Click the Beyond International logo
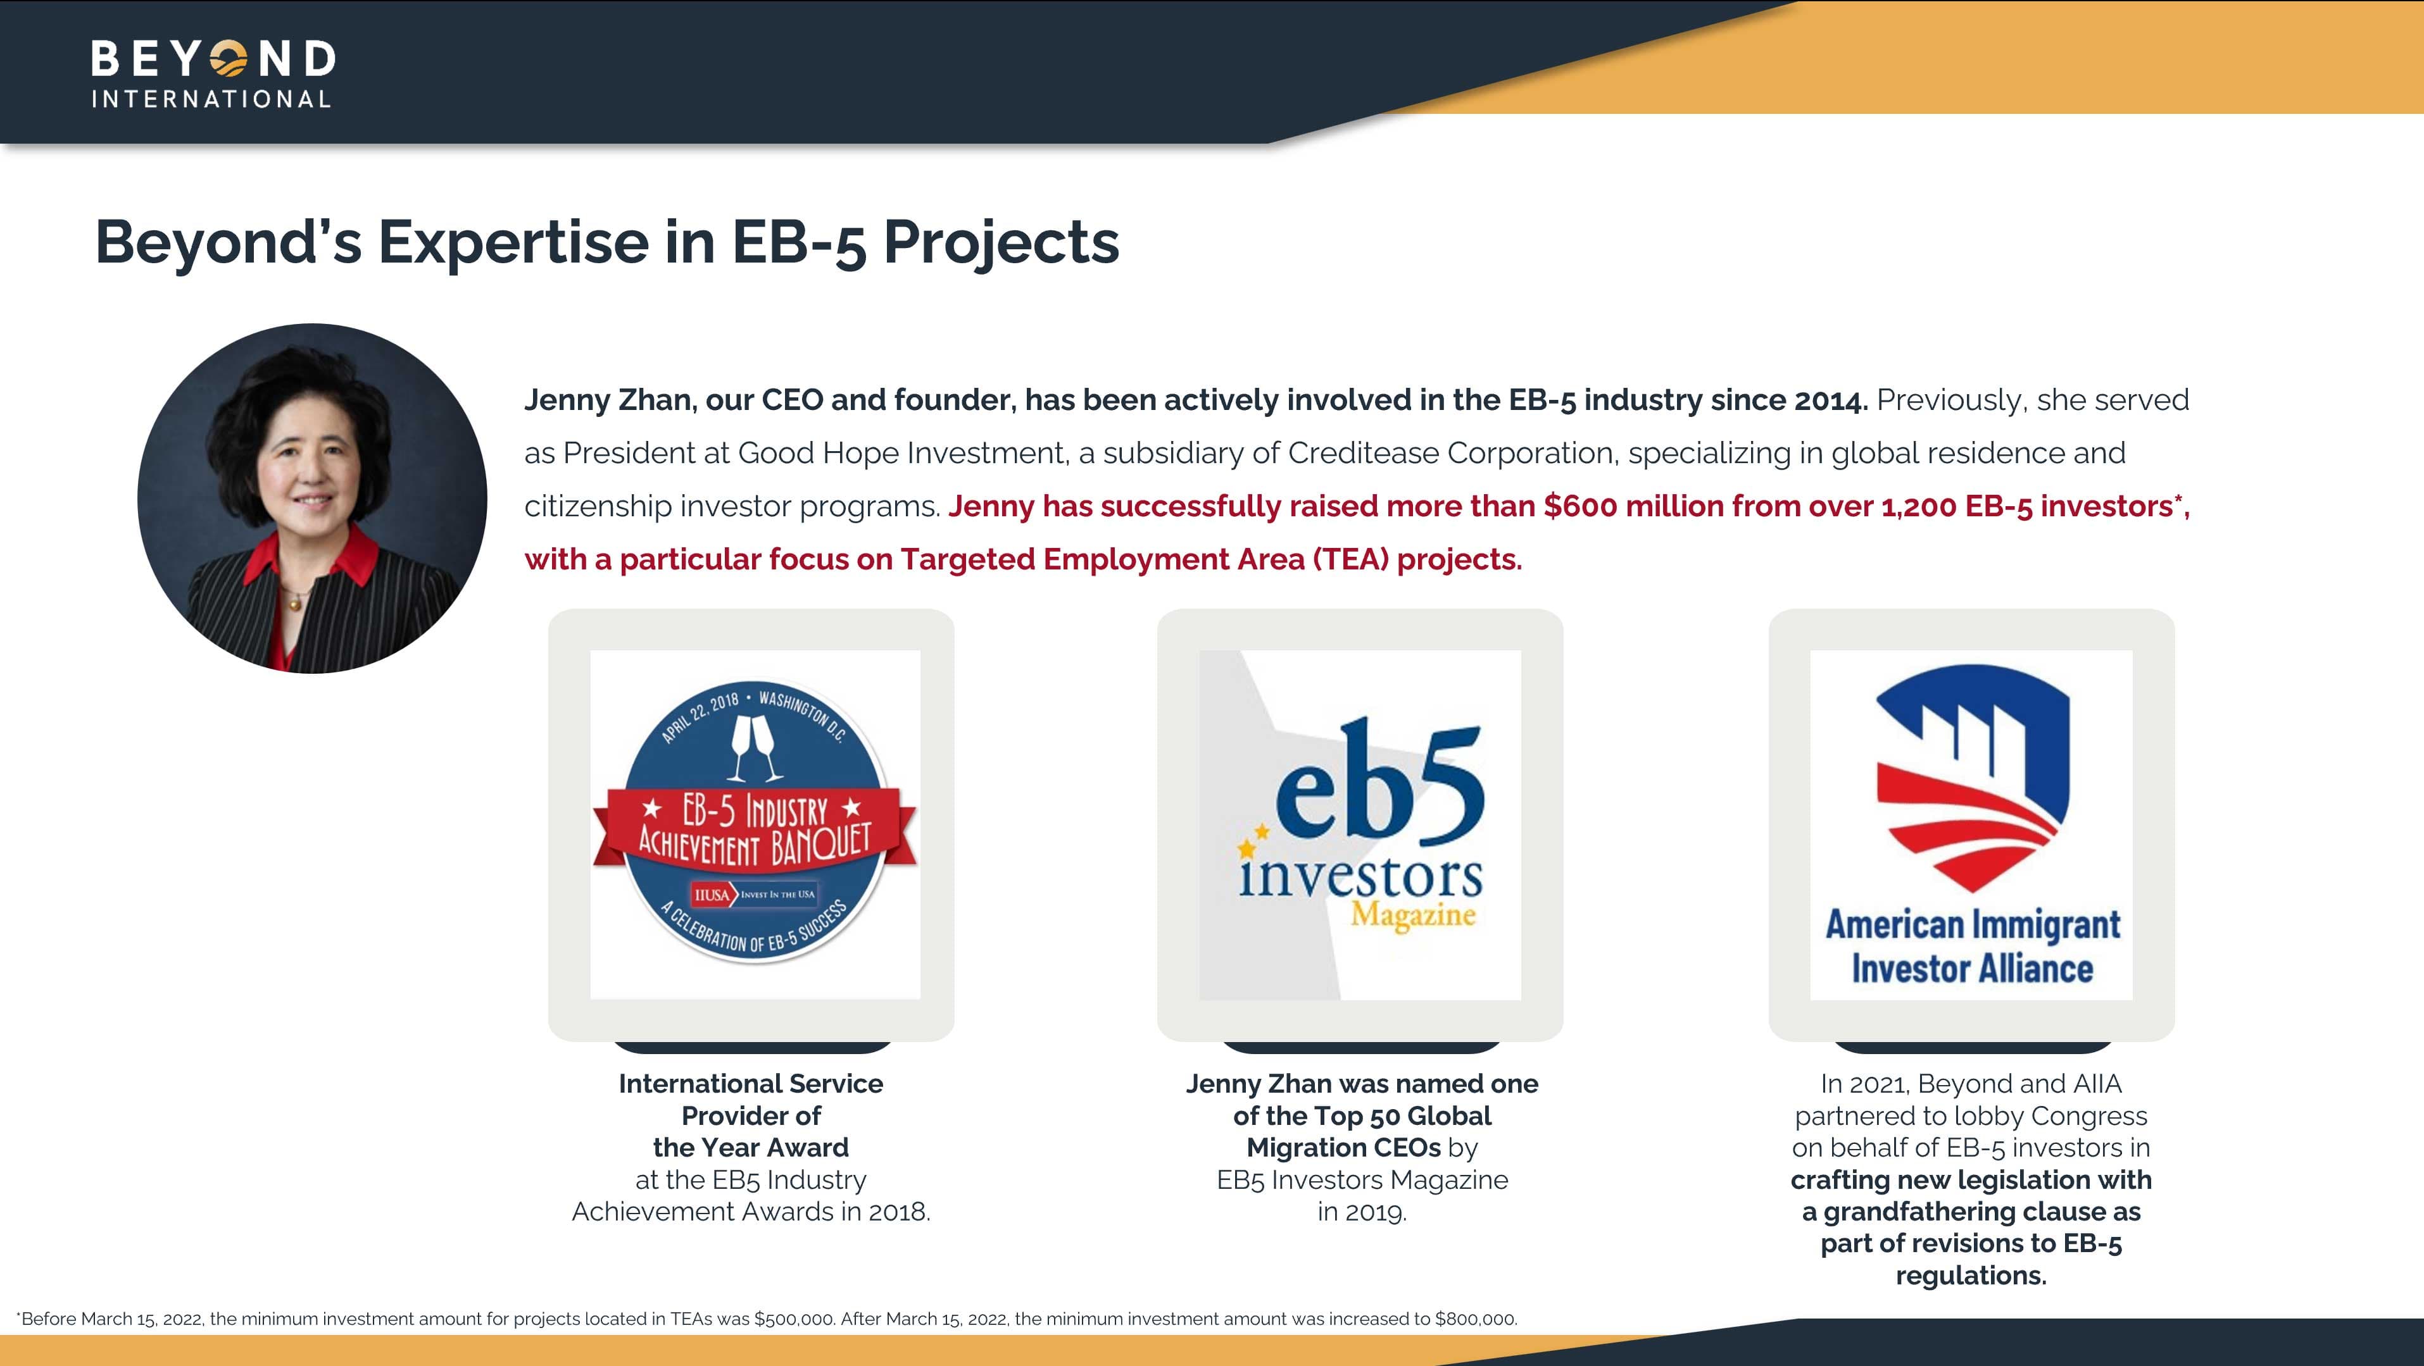tap(213, 73)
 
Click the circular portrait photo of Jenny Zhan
tap(312, 499)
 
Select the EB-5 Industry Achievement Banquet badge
tap(755, 823)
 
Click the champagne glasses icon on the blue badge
tap(756, 748)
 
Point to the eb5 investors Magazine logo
tap(1360, 824)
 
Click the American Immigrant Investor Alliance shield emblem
tap(1973, 778)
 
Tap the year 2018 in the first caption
tap(899, 1212)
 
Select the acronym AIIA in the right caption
tap(2097, 1084)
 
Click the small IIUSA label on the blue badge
tap(712, 895)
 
